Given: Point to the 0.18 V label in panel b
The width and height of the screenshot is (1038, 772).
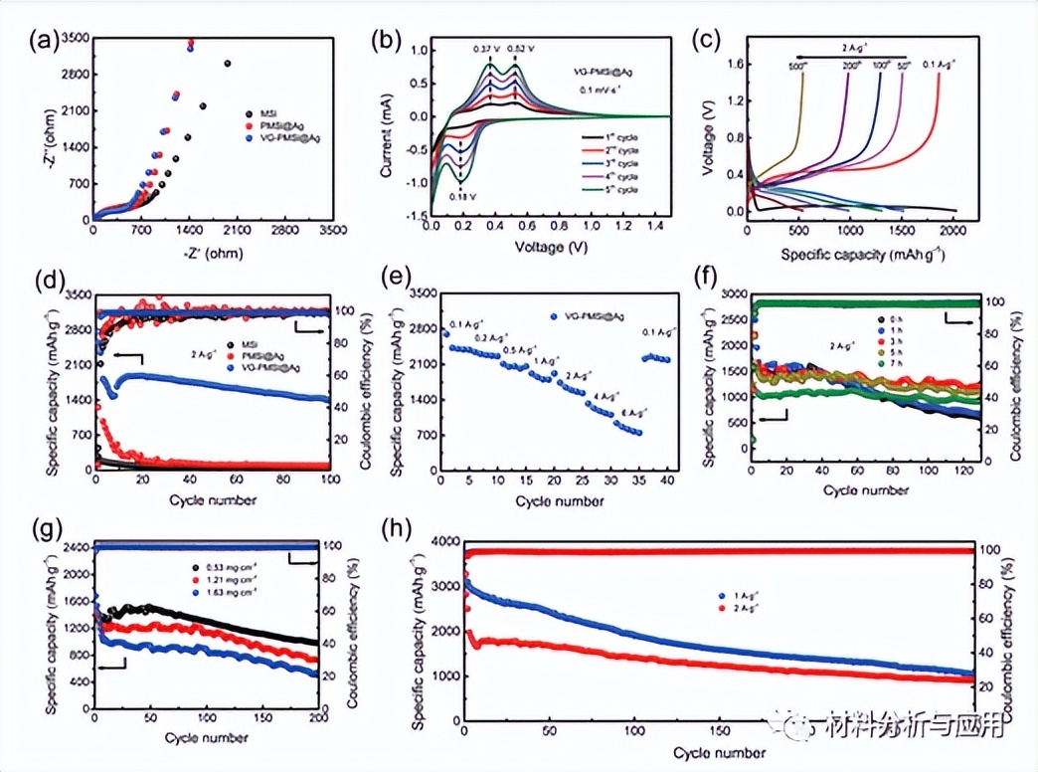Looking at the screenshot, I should [x=460, y=195].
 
